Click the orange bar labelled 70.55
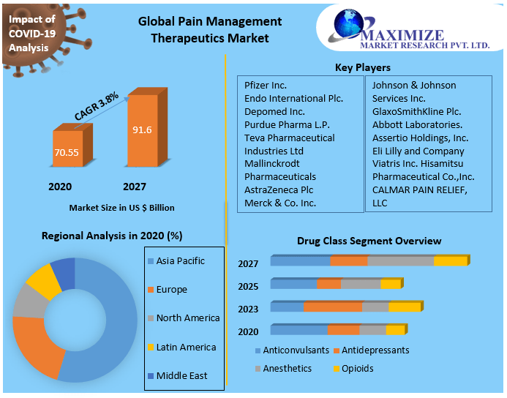click(68, 151)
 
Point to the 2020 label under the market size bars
click(60, 187)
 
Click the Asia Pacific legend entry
click(180, 261)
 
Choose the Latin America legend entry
click(186, 347)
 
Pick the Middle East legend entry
click(181, 375)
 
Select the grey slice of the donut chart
click(30, 301)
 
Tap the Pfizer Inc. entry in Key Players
click(266, 86)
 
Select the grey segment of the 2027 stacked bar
click(400, 261)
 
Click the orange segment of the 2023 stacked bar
click(333, 307)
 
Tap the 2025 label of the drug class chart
click(248, 286)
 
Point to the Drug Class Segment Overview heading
click(369, 241)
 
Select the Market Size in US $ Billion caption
click(122, 208)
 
